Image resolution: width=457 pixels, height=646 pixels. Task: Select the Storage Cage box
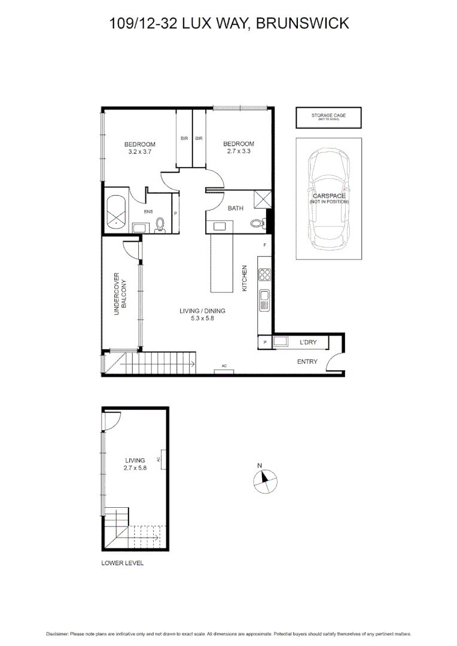pyautogui.click(x=328, y=117)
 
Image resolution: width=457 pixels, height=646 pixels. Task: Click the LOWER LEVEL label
pyautogui.click(x=123, y=563)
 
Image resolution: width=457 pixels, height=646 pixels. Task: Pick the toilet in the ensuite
pyautogui.click(x=160, y=224)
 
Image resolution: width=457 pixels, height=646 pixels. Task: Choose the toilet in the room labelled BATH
pyautogui.click(x=257, y=224)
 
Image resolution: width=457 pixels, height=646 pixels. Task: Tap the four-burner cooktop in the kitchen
pyautogui.click(x=264, y=275)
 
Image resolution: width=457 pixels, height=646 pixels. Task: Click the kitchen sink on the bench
pyautogui.click(x=264, y=298)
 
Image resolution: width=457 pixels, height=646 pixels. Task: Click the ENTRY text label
pyautogui.click(x=307, y=361)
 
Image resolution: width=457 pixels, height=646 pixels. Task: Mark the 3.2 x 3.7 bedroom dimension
pyautogui.click(x=140, y=152)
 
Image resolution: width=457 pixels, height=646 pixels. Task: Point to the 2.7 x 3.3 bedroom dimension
pyautogui.click(x=238, y=151)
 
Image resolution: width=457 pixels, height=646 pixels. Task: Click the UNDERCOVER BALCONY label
pyautogui.click(x=120, y=294)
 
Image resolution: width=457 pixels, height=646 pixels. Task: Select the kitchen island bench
pyautogui.click(x=221, y=264)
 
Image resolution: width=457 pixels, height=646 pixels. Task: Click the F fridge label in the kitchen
pyautogui.click(x=264, y=246)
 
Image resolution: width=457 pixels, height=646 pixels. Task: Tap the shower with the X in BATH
pyautogui.click(x=263, y=199)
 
